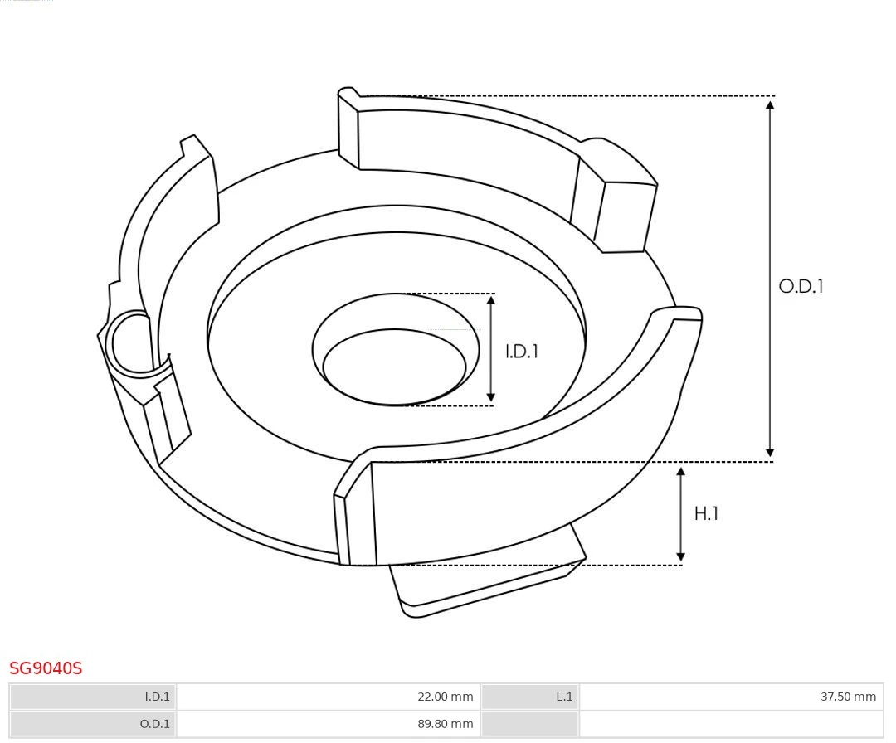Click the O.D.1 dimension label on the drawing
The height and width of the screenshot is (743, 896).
[x=801, y=287]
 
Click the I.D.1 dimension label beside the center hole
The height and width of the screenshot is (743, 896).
[x=522, y=352]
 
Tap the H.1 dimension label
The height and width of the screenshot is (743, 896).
[x=706, y=514]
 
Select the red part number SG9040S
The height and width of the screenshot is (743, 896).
[x=46, y=668]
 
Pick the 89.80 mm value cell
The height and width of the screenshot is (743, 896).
[x=445, y=724]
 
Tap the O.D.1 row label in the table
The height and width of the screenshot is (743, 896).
[x=155, y=724]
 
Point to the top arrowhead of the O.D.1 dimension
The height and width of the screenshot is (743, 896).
[x=770, y=104]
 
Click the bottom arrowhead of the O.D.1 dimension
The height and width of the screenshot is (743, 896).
[x=770, y=453]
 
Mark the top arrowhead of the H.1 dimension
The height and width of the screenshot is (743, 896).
[x=681, y=471]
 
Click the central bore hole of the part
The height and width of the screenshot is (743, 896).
[x=394, y=367]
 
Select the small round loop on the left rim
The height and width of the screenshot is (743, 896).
[x=132, y=342]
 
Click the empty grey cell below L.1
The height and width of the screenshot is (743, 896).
[x=529, y=724]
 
